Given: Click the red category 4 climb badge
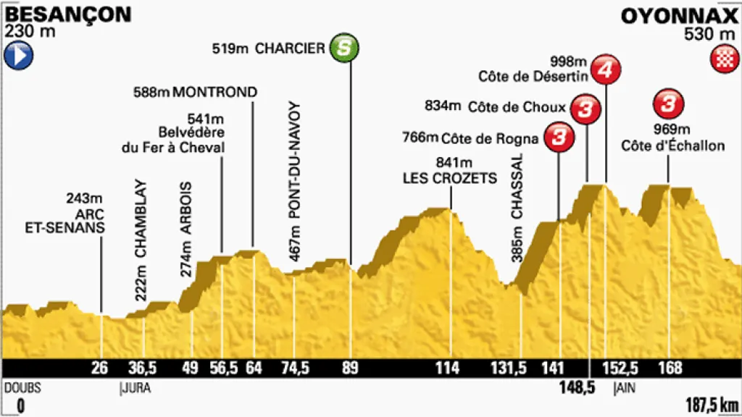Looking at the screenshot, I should [x=606, y=70].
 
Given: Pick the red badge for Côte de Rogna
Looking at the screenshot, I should [x=558, y=137].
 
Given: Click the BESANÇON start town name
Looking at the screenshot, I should [x=58, y=14].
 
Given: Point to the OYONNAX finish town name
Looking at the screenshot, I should [x=679, y=14].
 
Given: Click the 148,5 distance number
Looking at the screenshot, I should [x=577, y=388].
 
